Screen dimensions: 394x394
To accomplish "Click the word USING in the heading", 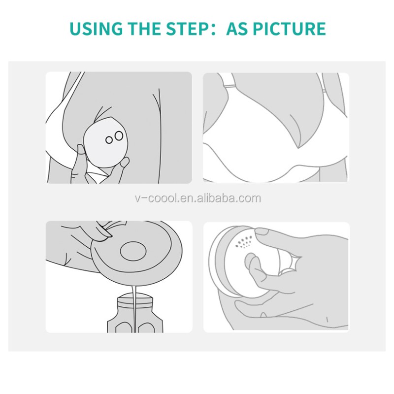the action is (96, 29).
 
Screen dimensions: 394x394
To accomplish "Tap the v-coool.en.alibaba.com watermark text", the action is (198, 198).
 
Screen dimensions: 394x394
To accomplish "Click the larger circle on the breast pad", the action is (119, 136).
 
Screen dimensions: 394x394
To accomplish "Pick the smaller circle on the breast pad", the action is (109, 140).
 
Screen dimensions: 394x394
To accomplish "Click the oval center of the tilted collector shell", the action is (133, 251).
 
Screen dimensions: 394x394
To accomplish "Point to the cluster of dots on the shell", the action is (243, 242).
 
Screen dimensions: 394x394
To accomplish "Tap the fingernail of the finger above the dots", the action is (262, 231).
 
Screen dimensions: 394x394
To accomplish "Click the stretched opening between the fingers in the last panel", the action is (291, 263).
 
